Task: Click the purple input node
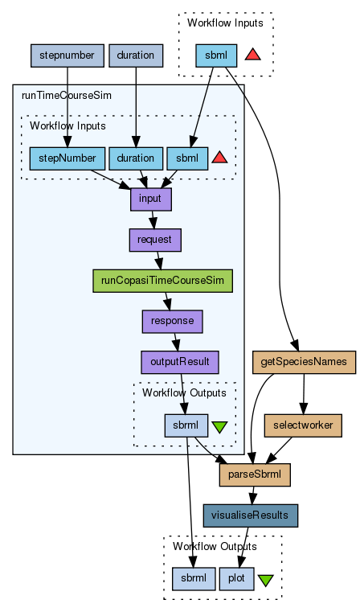[x=150, y=199]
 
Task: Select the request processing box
[x=155, y=240]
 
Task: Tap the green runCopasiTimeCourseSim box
[x=162, y=280]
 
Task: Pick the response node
[x=173, y=321]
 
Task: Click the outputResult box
[x=180, y=362]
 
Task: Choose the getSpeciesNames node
[x=304, y=362]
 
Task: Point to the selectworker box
[x=303, y=425]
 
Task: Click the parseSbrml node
[x=255, y=474]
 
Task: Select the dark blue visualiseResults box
[x=251, y=515]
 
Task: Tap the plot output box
[x=236, y=578]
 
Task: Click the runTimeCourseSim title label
[x=67, y=96]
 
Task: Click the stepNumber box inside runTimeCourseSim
[x=67, y=158]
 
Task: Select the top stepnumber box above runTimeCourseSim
[x=67, y=55]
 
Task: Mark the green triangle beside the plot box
[x=265, y=581]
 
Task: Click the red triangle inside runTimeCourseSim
[x=219, y=158]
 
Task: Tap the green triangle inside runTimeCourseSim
[x=219, y=427]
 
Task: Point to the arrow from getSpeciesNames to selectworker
[x=304, y=394]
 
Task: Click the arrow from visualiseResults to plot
[x=243, y=547]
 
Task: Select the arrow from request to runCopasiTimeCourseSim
[x=159, y=261]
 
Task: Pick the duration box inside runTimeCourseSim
[x=136, y=158]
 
